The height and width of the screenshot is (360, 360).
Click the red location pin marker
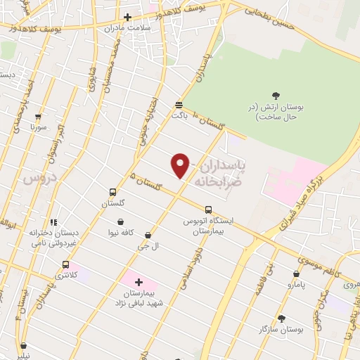(x=181, y=165)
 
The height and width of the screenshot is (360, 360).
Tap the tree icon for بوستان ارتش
(x=275, y=96)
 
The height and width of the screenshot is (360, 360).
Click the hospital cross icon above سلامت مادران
(x=127, y=17)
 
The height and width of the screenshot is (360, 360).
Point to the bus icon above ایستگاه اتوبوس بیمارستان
(x=208, y=209)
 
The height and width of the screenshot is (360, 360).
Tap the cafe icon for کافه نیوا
(x=122, y=221)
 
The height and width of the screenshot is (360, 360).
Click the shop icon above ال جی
(x=148, y=235)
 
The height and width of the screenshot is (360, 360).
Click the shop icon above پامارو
(x=296, y=274)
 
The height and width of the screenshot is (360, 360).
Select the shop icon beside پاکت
(x=179, y=103)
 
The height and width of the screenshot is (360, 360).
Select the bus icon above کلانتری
(x=65, y=265)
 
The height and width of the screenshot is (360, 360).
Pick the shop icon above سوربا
(x=37, y=117)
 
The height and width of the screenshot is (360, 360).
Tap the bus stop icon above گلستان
(x=112, y=192)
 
